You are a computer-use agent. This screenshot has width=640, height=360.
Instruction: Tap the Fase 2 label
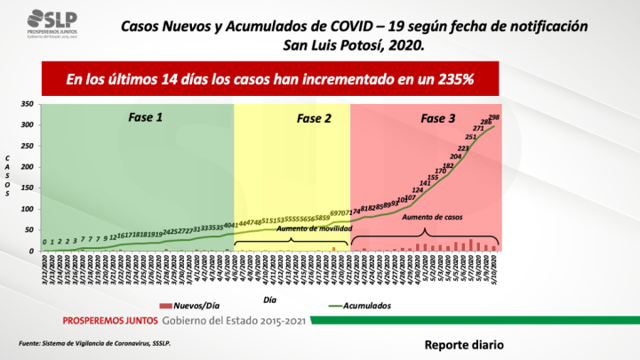(313, 117)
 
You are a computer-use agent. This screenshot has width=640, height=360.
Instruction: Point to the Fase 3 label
(438, 117)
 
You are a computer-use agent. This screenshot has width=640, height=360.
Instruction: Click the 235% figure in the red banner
(455, 80)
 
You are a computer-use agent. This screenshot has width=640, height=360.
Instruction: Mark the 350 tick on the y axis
(27, 104)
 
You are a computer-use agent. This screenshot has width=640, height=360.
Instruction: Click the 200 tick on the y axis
(27, 167)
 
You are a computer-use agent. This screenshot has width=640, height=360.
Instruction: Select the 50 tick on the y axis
(29, 230)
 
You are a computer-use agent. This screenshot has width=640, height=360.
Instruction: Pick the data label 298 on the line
(494, 118)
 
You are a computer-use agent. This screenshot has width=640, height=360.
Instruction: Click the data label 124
(417, 189)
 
